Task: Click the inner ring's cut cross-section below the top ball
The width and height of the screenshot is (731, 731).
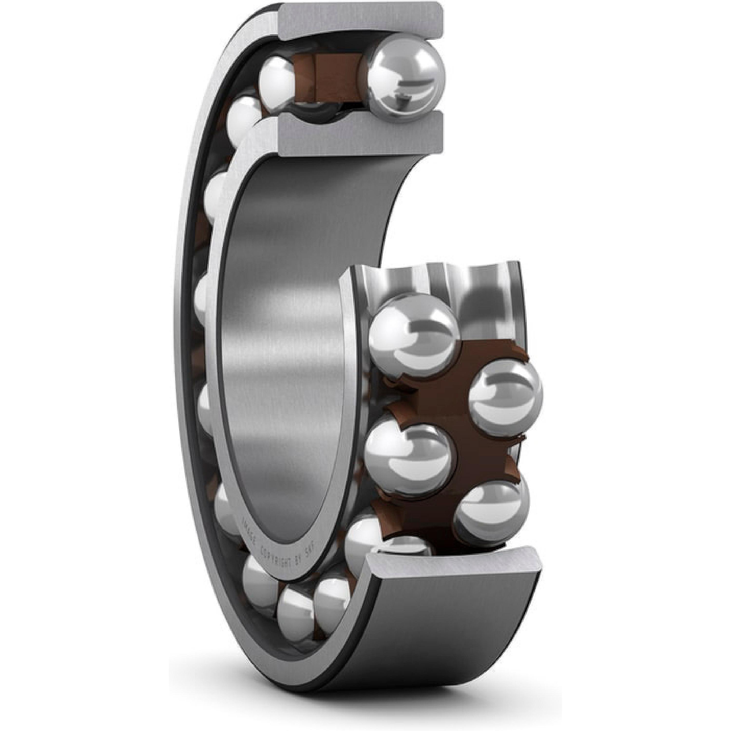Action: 359,134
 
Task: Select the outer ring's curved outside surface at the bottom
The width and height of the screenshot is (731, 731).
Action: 435,643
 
